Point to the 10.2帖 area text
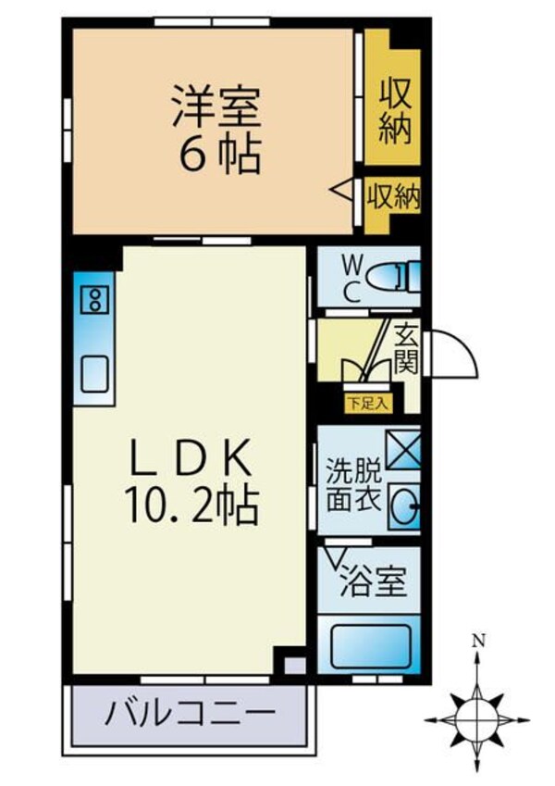click(190, 505)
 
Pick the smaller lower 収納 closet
click(393, 195)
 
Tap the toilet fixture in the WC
click(392, 276)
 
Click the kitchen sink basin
click(94, 373)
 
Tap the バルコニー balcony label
click(190, 714)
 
